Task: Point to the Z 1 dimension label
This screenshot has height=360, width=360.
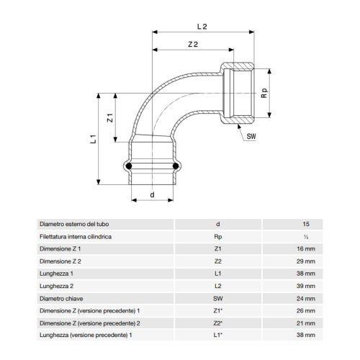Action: (110, 118)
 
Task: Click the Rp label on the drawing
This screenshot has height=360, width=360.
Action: (264, 93)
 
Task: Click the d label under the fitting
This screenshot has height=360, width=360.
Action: (152, 194)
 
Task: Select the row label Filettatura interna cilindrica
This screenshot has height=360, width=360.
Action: (77, 235)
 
